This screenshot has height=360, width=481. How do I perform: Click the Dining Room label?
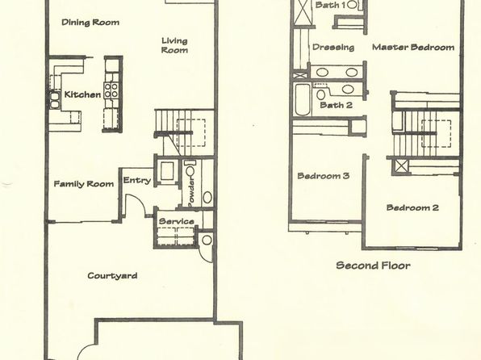pyautogui.click(x=90, y=23)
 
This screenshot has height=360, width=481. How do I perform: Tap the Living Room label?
pyautogui.click(x=174, y=45)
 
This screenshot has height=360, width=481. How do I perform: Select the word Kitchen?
pyautogui.click(x=82, y=94)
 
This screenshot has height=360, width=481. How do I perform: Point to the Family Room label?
pyautogui.click(x=84, y=184)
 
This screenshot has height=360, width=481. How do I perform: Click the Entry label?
pyautogui.click(x=137, y=181)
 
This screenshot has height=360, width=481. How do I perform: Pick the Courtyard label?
pyautogui.click(x=112, y=275)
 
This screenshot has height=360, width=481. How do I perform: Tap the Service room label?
pyautogui.click(x=177, y=221)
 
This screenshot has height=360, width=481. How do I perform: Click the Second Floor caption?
pyautogui.click(x=374, y=266)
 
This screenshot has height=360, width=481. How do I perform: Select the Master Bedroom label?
pyautogui.click(x=413, y=48)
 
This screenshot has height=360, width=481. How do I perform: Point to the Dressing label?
pyautogui.click(x=333, y=48)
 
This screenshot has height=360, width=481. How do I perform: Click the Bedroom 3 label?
pyautogui.click(x=324, y=176)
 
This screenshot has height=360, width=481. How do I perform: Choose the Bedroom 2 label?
pyautogui.click(x=412, y=207)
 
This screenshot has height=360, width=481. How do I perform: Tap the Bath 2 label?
pyautogui.click(x=336, y=105)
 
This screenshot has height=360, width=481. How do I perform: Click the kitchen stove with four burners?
pyautogui.click(x=111, y=90)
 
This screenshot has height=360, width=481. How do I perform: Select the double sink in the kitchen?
pyautogui.click(x=55, y=100)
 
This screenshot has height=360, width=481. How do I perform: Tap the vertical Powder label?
pyautogui.click(x=191, y=191)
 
